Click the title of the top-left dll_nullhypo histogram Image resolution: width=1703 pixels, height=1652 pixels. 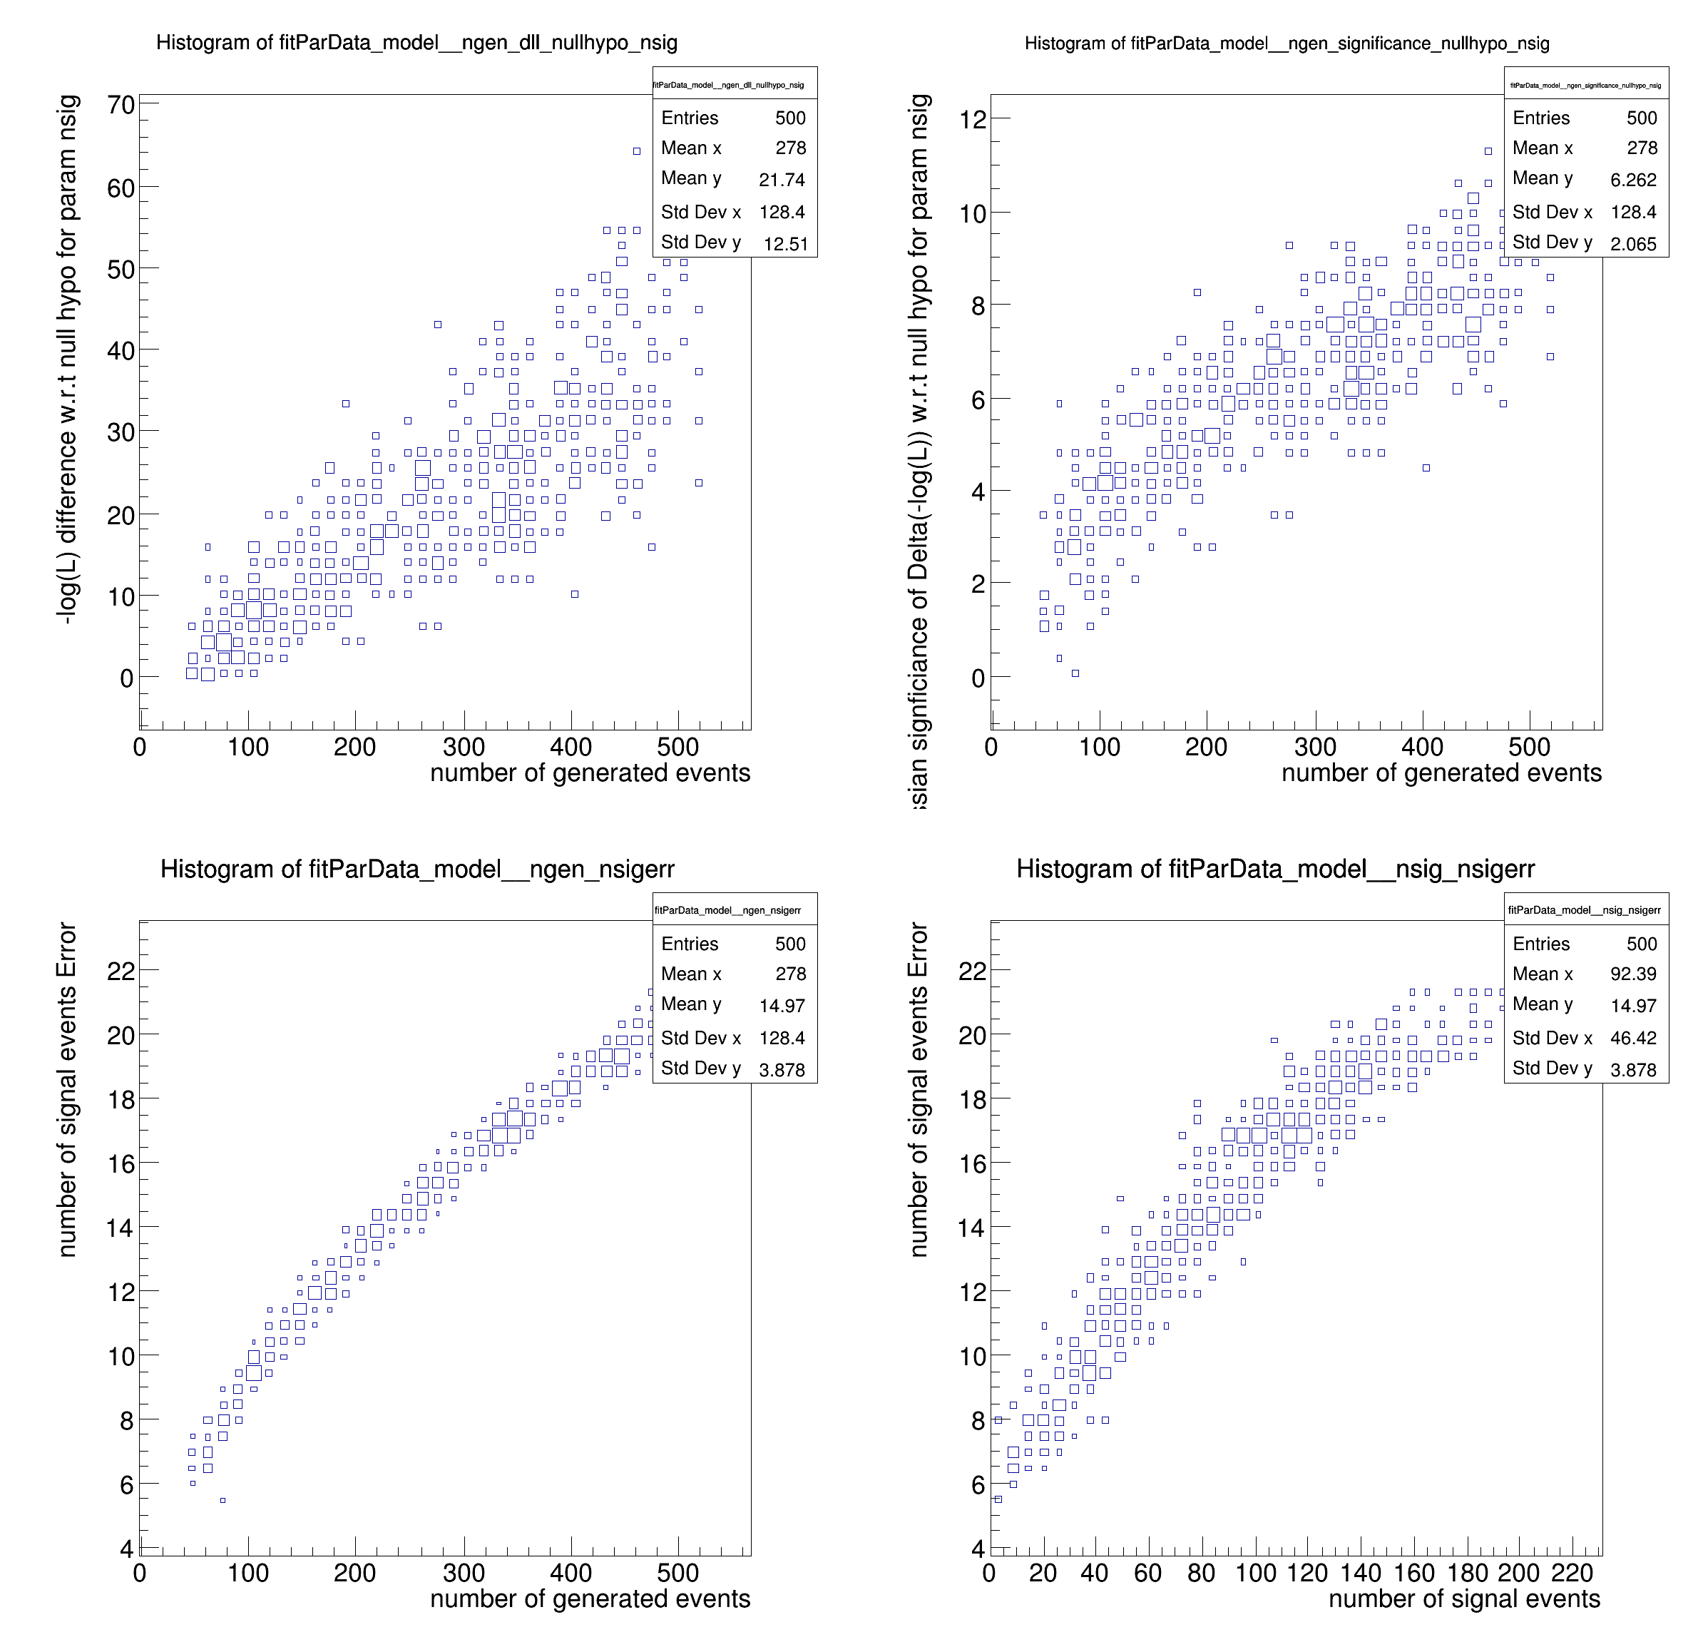[x=416, y=43]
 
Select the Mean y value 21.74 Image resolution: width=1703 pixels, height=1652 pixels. [x=781, y=180]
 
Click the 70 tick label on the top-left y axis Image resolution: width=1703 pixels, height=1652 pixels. [x=121, y=105]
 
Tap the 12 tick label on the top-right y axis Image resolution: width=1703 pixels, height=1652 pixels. [x=972, y=119]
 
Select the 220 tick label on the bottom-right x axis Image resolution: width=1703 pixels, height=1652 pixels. [x=1572, y=1573]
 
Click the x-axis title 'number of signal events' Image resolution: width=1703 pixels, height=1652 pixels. [x=1464, y=1599]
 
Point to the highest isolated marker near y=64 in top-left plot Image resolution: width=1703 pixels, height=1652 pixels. [x=636, y=151]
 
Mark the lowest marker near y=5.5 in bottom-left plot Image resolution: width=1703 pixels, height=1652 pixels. [x=223, y=1500]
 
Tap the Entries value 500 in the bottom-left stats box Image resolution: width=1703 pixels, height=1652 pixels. [x=789, y=944]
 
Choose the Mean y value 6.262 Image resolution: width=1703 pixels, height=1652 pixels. [x=1632, y=180]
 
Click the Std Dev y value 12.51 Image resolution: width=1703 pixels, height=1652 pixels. [x=785, y=244]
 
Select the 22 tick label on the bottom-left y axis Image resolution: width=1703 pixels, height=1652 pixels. [x=121, y=971]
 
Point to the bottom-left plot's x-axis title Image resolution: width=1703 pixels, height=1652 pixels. [x=590, y=1599]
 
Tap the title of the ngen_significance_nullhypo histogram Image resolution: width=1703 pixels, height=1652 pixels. [x=1286, y=44]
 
